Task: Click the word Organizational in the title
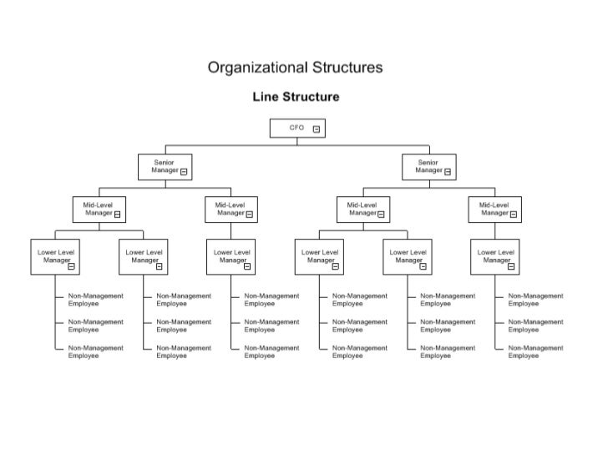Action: click(x=257, y=68)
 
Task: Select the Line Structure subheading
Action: click(x=296, y=97)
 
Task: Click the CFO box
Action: click(x=296, y=129)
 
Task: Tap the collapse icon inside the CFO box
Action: click(x=317, y=129)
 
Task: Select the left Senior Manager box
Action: click(x=165, y=167)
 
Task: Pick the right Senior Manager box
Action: click(x=428, y=167)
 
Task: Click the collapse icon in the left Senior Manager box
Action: click(x=184, y=172)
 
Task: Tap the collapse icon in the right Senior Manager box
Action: click(x=448, y=172)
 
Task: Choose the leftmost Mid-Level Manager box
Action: click(x=99, y=210)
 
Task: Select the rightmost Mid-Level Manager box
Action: click(x=494, y=210)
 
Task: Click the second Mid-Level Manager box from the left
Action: click(x=231, y=210)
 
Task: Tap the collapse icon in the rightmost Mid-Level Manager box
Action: click(x=514, y=214)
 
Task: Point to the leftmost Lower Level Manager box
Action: click(x=54, y=256)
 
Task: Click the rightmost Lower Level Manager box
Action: click(x=494, y=256)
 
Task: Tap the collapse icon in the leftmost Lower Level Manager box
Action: click(x=71, y=266)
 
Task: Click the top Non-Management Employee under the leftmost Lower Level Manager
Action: click(x=95, y=300)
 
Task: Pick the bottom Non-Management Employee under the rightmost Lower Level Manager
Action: click(x=535, y=351)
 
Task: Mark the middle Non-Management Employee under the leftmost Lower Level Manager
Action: click(x=95, y=326)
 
